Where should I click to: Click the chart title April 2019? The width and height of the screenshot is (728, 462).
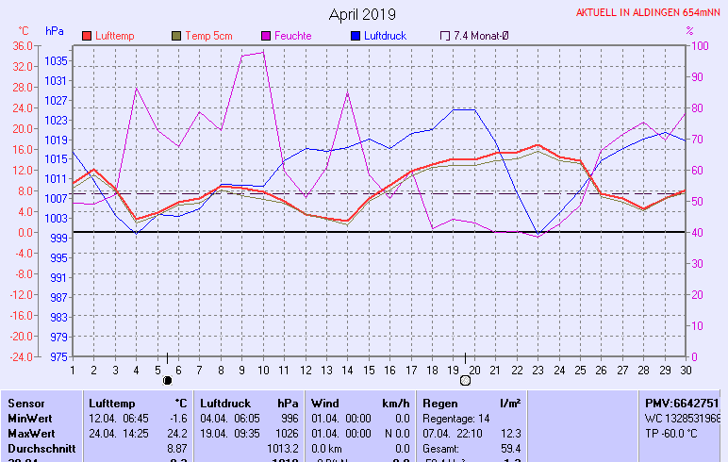point(362,15)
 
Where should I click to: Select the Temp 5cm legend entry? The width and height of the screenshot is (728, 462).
point(207,36)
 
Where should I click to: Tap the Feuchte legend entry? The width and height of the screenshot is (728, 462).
point(292,36)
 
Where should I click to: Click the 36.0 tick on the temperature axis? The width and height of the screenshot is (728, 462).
point(22,46)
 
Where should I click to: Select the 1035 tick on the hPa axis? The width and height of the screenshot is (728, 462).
point(56,61)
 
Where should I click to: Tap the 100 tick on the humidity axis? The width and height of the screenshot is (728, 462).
point(700,46)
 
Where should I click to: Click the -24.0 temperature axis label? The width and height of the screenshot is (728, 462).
point(20,357)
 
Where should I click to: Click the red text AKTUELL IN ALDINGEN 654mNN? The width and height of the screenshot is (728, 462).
point(649,13)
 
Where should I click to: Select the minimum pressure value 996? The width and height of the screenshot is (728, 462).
point(289,418)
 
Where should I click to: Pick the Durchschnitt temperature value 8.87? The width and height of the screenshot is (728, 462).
point(176,448)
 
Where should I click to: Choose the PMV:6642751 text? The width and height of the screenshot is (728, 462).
point(682,403)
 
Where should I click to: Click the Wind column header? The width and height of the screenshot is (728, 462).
point(325,403)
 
